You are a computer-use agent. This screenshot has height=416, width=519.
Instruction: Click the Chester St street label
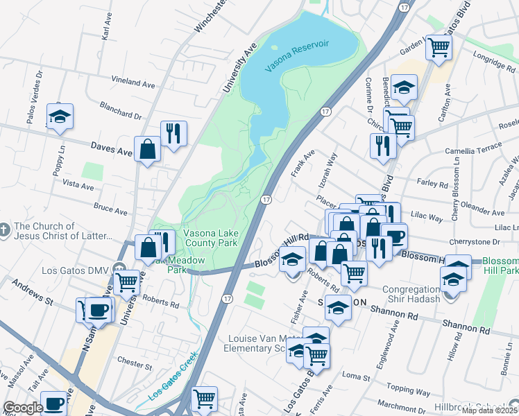pyautogui.click(x=135, y=363)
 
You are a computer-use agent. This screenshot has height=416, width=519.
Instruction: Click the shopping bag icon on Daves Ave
pyautogui.click(x=148, y=148)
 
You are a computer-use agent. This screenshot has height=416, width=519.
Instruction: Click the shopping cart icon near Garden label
pyautogui.click(x=439, y=47)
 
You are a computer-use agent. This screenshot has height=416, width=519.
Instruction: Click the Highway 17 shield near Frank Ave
pyautogui.click(x=325, y=111)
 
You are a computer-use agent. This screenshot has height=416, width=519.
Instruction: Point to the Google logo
pyautogui.click(x=23, y=408)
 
